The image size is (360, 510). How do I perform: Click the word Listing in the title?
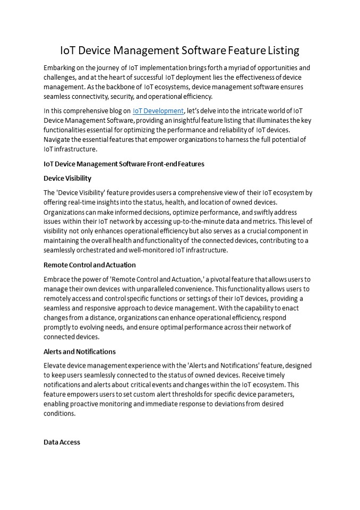[x=281, y=50]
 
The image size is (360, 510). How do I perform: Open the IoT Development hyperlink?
[x=158, y=111]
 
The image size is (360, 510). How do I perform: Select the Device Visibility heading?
[x=67, y=178]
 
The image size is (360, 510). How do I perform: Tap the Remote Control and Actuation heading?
[x=89, y=265]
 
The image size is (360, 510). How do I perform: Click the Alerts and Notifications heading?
[x=79, y=352]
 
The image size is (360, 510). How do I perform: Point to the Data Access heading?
[x=62, y=442]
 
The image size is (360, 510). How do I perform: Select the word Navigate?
[x=59, y=140]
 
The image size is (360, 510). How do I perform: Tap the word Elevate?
[x=56, y=366]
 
